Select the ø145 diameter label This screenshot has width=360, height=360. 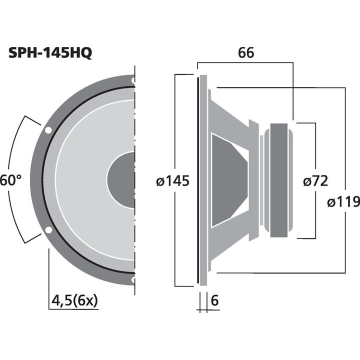coord(172,181)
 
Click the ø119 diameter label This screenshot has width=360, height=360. coord(343,202)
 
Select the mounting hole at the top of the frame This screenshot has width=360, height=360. coord(133,79)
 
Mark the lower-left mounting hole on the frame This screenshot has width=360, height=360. coord(48,230)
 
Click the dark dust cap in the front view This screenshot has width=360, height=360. coord(121,180)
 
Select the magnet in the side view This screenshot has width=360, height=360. coord(278,180)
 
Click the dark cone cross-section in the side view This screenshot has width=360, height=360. coord(227,180)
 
